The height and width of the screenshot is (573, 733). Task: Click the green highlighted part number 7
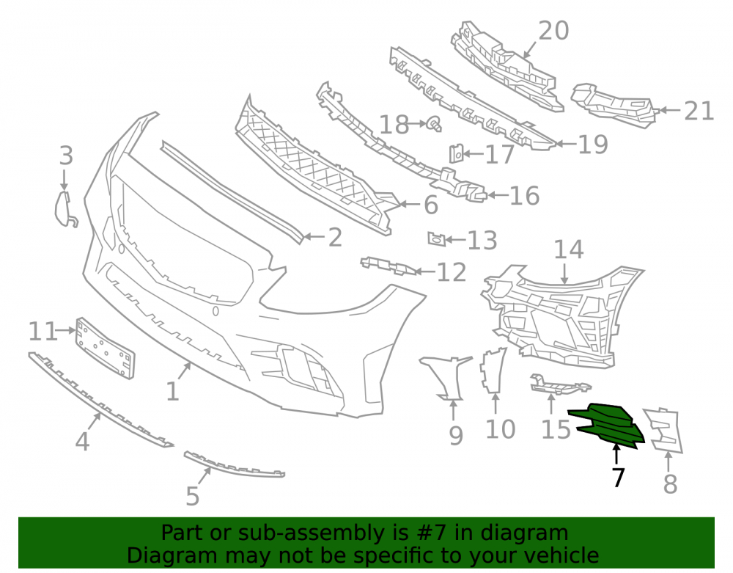click(606, 425)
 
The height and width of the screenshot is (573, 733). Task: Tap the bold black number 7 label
click(618, 477)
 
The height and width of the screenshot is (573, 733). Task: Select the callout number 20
click(553, 31)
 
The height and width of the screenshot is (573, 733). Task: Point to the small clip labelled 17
click(456, 154)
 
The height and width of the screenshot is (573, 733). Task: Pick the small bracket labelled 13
click(435, 239)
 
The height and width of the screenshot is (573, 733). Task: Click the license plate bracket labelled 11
click(105, 348)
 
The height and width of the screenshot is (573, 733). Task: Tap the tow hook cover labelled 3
click(65, 209)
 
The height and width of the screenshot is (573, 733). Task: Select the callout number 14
click(569, 249)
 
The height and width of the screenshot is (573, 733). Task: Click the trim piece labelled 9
click(447, 377)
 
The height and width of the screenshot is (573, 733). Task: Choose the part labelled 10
click(493, 370)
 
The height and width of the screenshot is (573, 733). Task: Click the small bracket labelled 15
click(559, 384)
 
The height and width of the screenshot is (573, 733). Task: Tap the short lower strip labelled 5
click(234, 465)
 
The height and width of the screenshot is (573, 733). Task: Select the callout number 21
click(699, 112)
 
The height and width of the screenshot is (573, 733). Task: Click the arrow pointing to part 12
click(425, 271)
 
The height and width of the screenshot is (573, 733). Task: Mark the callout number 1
click(172, 391)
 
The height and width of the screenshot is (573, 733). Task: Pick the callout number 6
click(430, 205)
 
